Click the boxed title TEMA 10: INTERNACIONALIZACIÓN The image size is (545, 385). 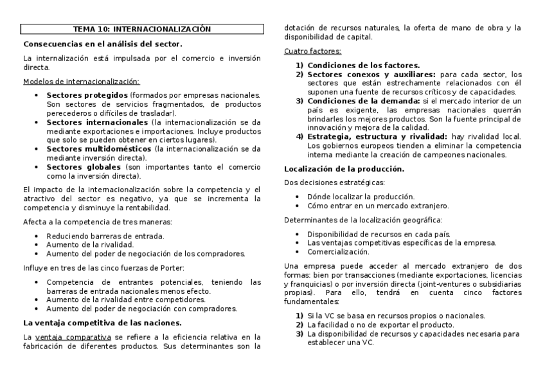[x=141, y=29]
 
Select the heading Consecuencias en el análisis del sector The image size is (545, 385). [x=103, y=44]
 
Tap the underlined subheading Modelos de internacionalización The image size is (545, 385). [x=81, y=82]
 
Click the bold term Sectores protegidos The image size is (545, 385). [x=87, y=95]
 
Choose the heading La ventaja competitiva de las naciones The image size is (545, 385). [x=103, y=323]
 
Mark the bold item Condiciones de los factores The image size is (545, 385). [x=363, y=65]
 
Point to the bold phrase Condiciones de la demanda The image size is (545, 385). [x=363, y=101]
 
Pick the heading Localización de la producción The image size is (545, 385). [x=344, y=168]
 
